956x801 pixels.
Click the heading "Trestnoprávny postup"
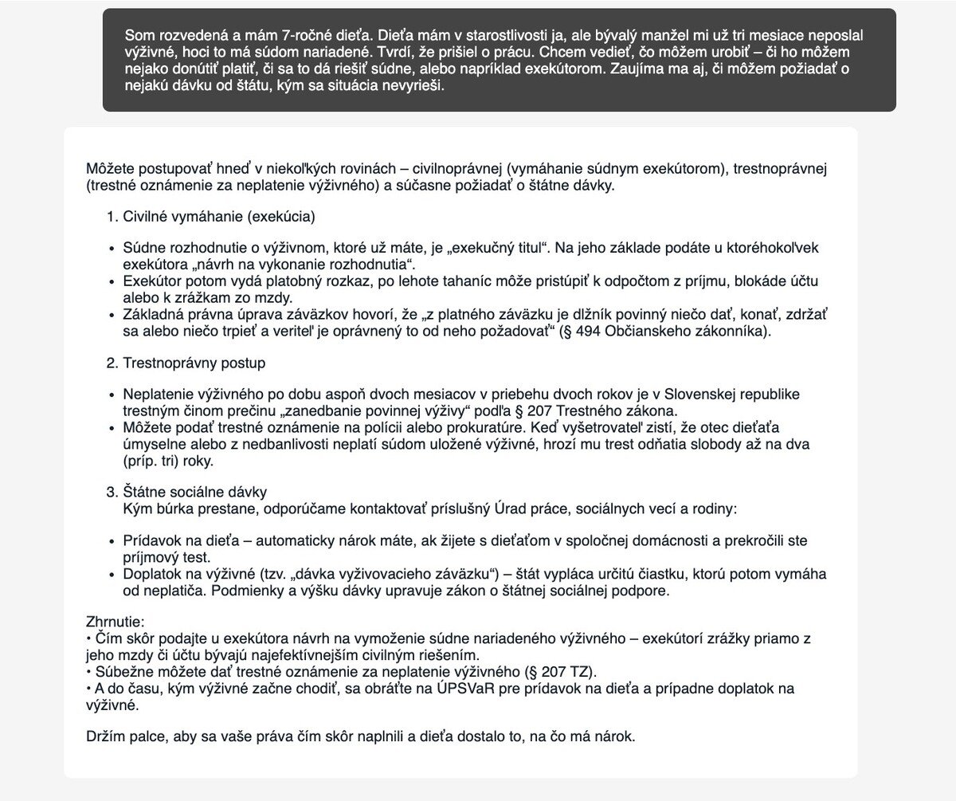(194, 363)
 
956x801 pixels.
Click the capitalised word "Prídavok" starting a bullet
(150, 541)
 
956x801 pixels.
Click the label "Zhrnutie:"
(115, 622)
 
